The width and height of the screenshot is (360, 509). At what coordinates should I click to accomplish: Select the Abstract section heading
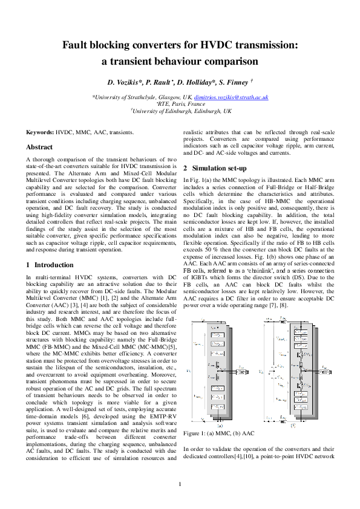point(39,147)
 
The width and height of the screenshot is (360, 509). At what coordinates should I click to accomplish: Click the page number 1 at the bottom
point(180,484)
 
